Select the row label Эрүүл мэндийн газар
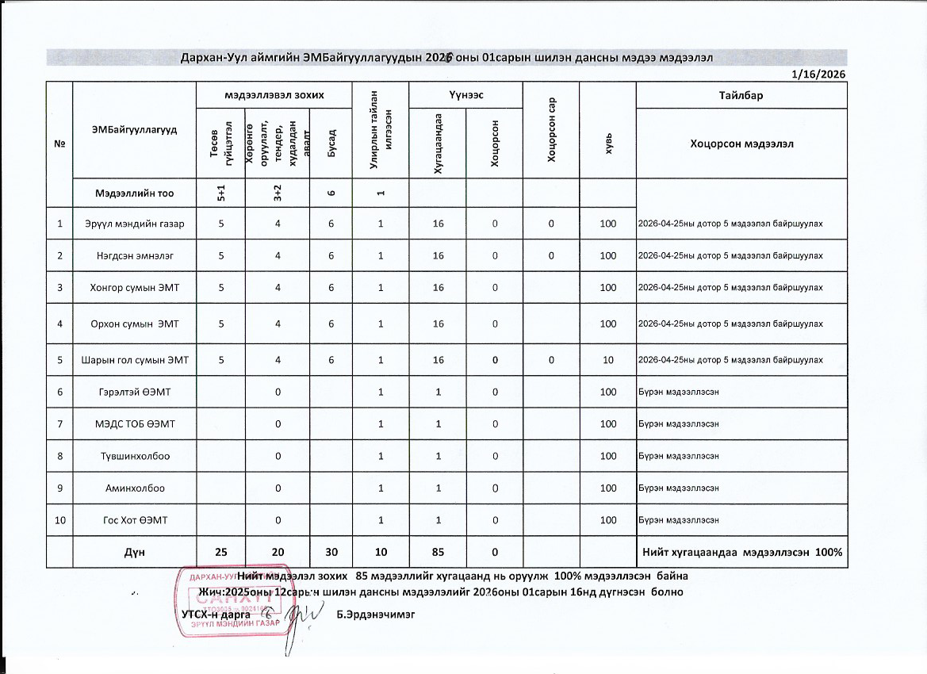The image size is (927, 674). pyautogui.click(x=134, y=224)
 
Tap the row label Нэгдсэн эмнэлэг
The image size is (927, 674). pyautogui.click(x=134, y=256)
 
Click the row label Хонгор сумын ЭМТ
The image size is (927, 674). pyautogui.click(x=134, y=287)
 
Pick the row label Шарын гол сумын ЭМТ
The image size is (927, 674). pyautogui.click(x=134, y=360)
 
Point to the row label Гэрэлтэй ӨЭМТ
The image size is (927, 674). pyautogui.click(x=134, y=392)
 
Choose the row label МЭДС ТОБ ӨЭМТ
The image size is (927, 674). pyautogui.click(x=134, y=424)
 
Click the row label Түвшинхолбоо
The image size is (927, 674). pyautogui.click(x=134, y=456)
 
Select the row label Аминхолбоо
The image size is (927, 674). pyautogui.click(x=134, y=488)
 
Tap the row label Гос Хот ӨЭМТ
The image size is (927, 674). pyautogui.click(x=134, y=520)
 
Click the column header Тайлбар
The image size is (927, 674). pyautogui.click(x=741, y=95)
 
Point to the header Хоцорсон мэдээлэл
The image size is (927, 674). pyautogui.click(x=741, y=144)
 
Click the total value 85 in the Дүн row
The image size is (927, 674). pyautogui.click(x=437, y=552)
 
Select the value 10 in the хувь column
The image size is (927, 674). pyautogui.click(x=608, y=360)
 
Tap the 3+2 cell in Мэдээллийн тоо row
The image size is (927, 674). pyautogui.click(x=276, y=193)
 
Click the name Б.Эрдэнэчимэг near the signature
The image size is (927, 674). pyautogui.click(x=375, y=615)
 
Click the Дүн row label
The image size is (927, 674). pyautogui.click(x=134, y=552)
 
